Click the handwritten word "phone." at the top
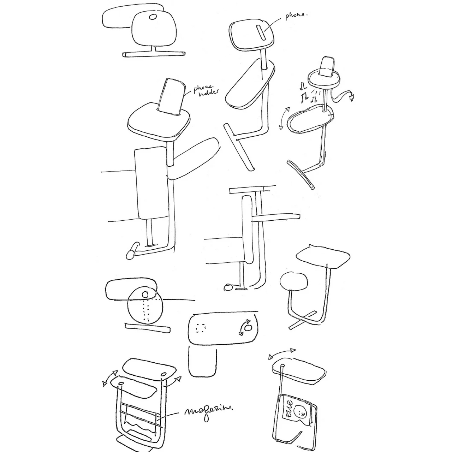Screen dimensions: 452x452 coord(297,16)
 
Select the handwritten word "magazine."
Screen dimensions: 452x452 coord(209,411)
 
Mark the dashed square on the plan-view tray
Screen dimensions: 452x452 coord(201,328)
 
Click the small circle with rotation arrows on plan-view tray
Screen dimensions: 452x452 coord(247,327)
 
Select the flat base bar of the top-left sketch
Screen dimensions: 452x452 coord(154,54)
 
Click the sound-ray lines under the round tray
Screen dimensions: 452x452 coord(318,92)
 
